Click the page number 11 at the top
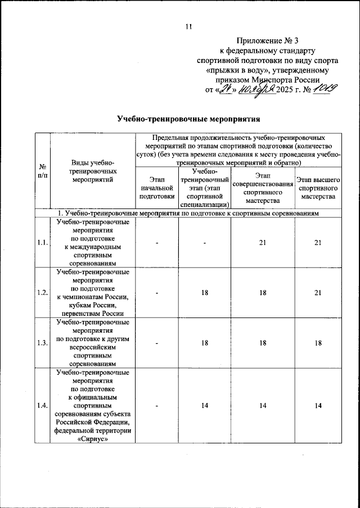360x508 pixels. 188,26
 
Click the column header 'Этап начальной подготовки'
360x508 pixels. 156,188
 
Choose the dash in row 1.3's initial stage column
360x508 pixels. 156,343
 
